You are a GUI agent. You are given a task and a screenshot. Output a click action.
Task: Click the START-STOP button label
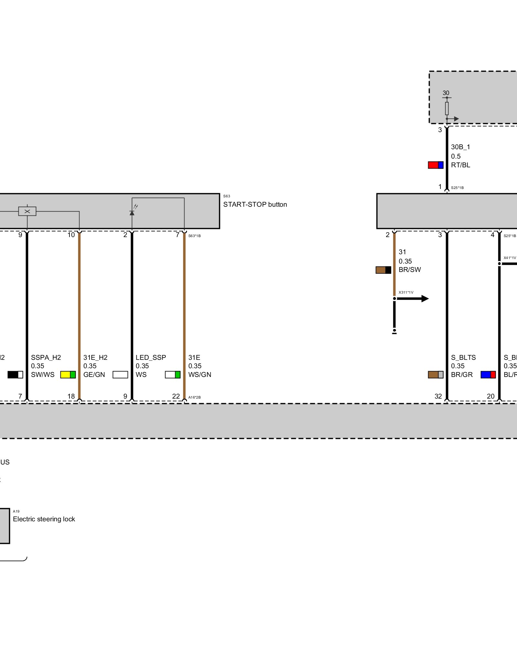pos(255,204)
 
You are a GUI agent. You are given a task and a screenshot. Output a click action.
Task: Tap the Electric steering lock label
pos(44,519)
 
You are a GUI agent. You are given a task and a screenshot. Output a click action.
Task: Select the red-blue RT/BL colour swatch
pos(436,165)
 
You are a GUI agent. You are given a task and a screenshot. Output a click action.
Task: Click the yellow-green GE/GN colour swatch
pos(68,375)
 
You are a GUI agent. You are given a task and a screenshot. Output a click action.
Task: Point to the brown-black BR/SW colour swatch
pos(383,270)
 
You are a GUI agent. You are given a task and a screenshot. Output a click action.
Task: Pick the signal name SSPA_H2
pos(46,358)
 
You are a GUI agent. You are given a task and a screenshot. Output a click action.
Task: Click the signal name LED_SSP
pos(151,358)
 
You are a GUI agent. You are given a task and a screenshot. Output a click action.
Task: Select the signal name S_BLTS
pos(463,358)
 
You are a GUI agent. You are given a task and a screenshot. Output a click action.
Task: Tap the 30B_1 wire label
pos(460,147)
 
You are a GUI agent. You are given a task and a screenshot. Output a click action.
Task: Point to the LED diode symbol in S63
pos(132,213)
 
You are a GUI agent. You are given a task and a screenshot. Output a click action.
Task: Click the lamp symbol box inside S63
pos(27,211)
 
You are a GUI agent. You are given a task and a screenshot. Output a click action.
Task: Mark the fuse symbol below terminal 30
pos(447,109)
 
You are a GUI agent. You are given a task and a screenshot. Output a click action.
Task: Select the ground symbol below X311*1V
pos(394,332)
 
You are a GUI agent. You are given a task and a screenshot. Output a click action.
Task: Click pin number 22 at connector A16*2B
pos(176,396)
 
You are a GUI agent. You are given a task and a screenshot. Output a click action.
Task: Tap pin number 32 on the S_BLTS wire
pos(438,396)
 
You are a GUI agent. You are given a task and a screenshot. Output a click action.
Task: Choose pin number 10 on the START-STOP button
pos(71,235)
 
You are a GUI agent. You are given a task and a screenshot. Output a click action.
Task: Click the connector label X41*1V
pos(510,258)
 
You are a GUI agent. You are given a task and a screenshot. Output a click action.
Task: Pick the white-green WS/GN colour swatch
pos(173,375)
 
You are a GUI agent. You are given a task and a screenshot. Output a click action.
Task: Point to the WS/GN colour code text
pos(200,375)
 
